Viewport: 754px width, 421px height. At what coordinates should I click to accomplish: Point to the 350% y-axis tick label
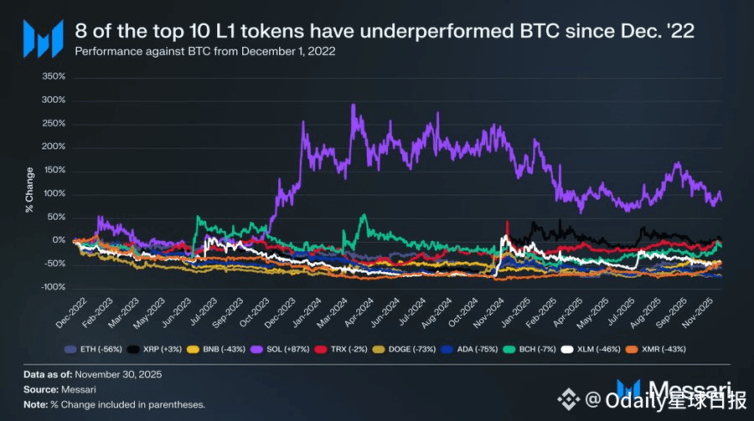pos(53,77)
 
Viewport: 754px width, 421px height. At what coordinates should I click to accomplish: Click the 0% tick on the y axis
pos(59,240)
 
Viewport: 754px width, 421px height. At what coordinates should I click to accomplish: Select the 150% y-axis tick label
pos(53,171)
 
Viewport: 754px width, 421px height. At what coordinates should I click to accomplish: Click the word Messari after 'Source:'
pos(81,389)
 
